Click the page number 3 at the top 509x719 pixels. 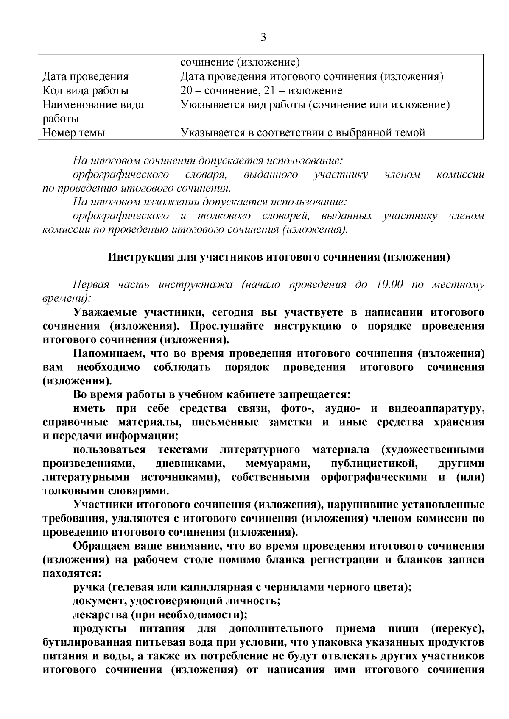coord(263,38)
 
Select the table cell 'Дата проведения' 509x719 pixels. coord(85,77)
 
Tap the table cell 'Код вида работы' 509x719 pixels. coord(85,91)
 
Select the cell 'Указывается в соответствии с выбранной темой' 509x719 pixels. coord(303,133)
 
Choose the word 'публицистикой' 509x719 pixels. coord(374,464)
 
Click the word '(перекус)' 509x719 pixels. coord(457,628)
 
